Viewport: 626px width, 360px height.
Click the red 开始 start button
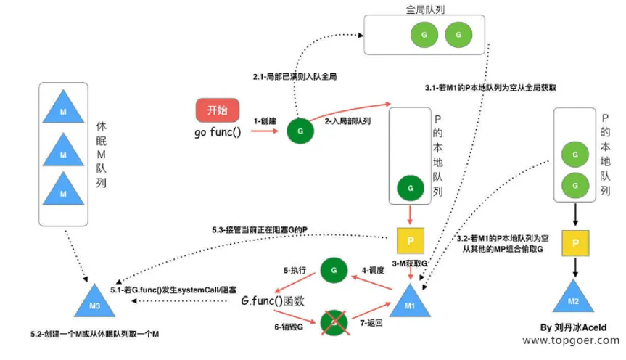tap(218, 110)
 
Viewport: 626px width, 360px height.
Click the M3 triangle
tap(94, 303)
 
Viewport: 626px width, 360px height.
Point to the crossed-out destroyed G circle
tap(334, 322)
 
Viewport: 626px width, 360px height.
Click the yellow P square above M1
tap(411, 240)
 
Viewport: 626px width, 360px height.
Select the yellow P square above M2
tap(575, 243)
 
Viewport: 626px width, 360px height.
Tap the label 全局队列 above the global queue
tap(425, 9)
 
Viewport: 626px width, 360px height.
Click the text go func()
tap(218, 132)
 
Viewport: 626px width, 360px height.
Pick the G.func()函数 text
tap(273, 301)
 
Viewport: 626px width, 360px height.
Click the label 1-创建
tap(265, 121)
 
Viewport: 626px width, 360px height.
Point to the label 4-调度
tap(373, 271)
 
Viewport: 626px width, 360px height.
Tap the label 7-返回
tap(371, 323)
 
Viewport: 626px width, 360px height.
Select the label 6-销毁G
tap(289, 327)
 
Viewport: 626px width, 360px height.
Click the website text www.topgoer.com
tap(571, 340)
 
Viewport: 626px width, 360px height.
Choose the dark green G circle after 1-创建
tap(300, 131)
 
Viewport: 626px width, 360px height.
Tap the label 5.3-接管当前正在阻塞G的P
tap(260, 230)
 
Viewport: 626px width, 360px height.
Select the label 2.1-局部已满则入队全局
tap(295, 76)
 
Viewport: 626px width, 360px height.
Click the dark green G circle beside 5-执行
tap(334, 270)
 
